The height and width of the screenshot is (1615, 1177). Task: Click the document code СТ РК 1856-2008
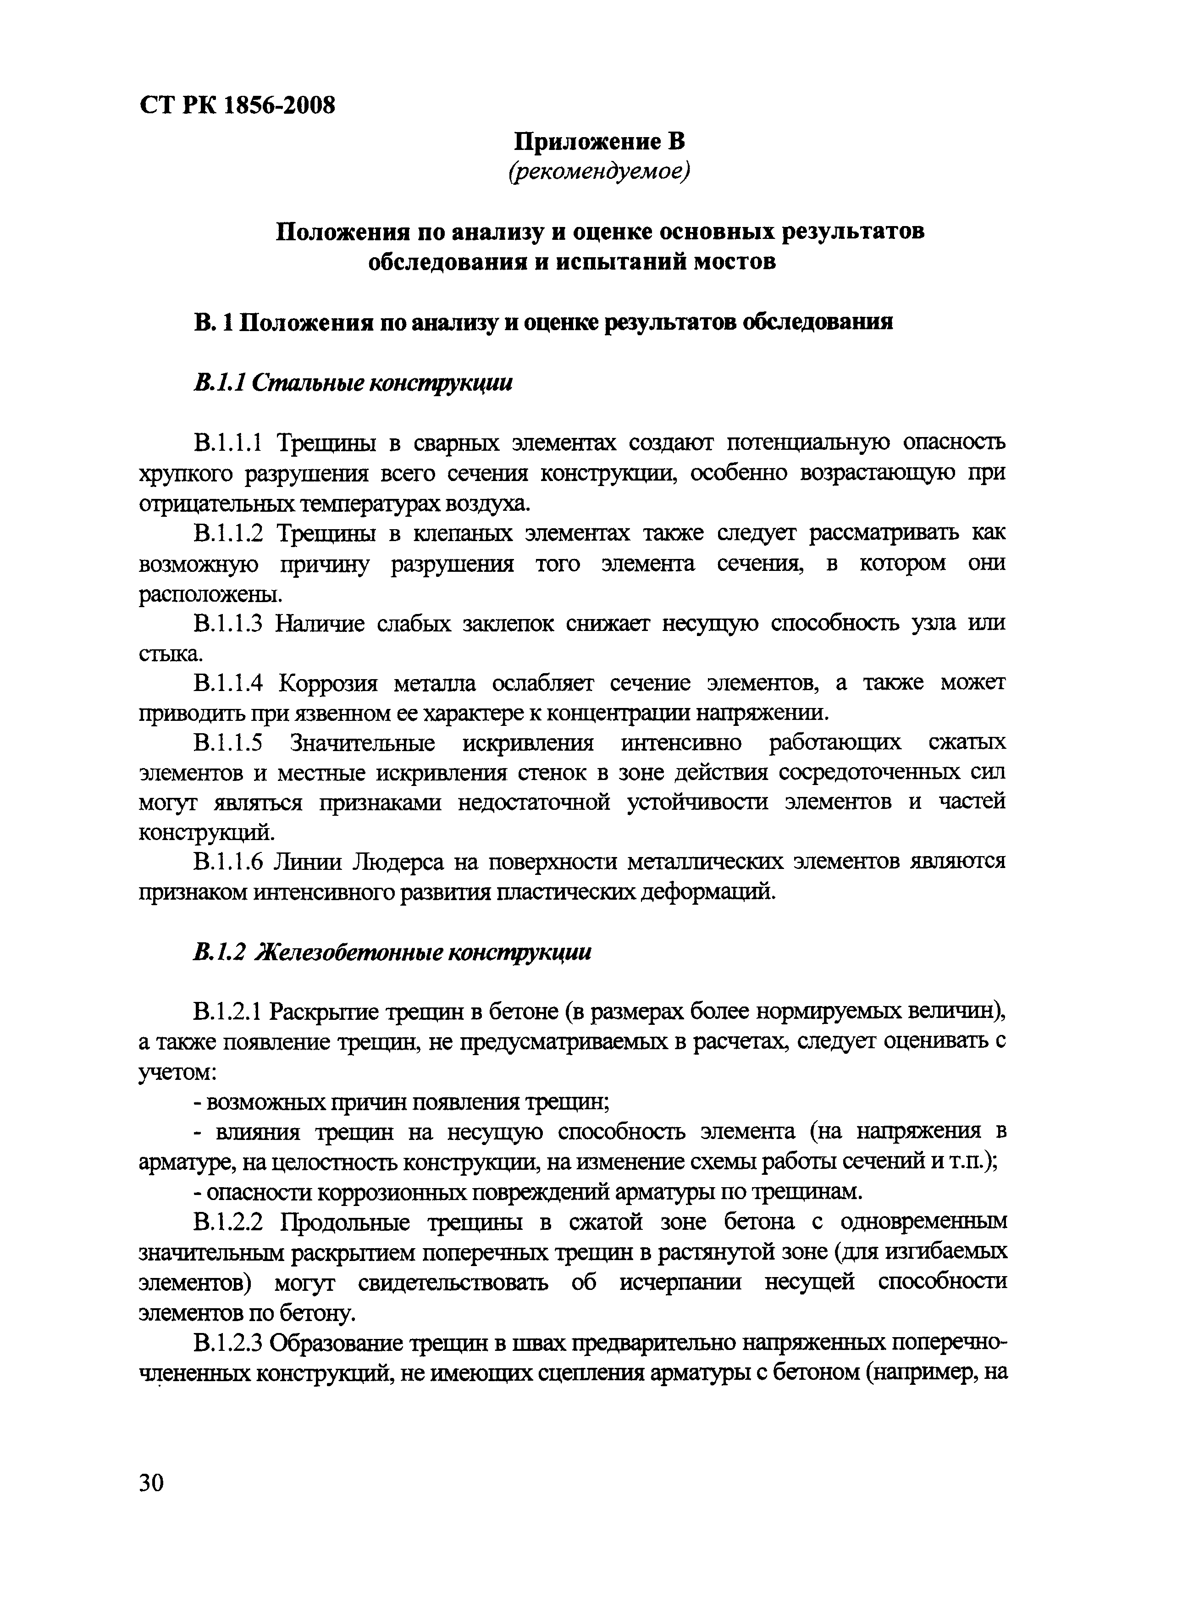coord(237,106)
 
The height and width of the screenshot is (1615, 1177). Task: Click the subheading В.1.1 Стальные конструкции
coord(353,383)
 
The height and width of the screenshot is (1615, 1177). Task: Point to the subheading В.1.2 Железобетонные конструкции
coord(392,952)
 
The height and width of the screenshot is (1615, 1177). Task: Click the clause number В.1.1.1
coord(228,442)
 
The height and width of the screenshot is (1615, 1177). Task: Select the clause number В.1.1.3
coord(228,623)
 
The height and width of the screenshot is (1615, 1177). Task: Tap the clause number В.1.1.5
coord(228,742)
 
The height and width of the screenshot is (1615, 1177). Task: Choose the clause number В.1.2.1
coord(228,1012)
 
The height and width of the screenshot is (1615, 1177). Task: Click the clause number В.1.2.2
coord(228,1222)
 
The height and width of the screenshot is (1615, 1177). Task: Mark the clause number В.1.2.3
coord(228,1343)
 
